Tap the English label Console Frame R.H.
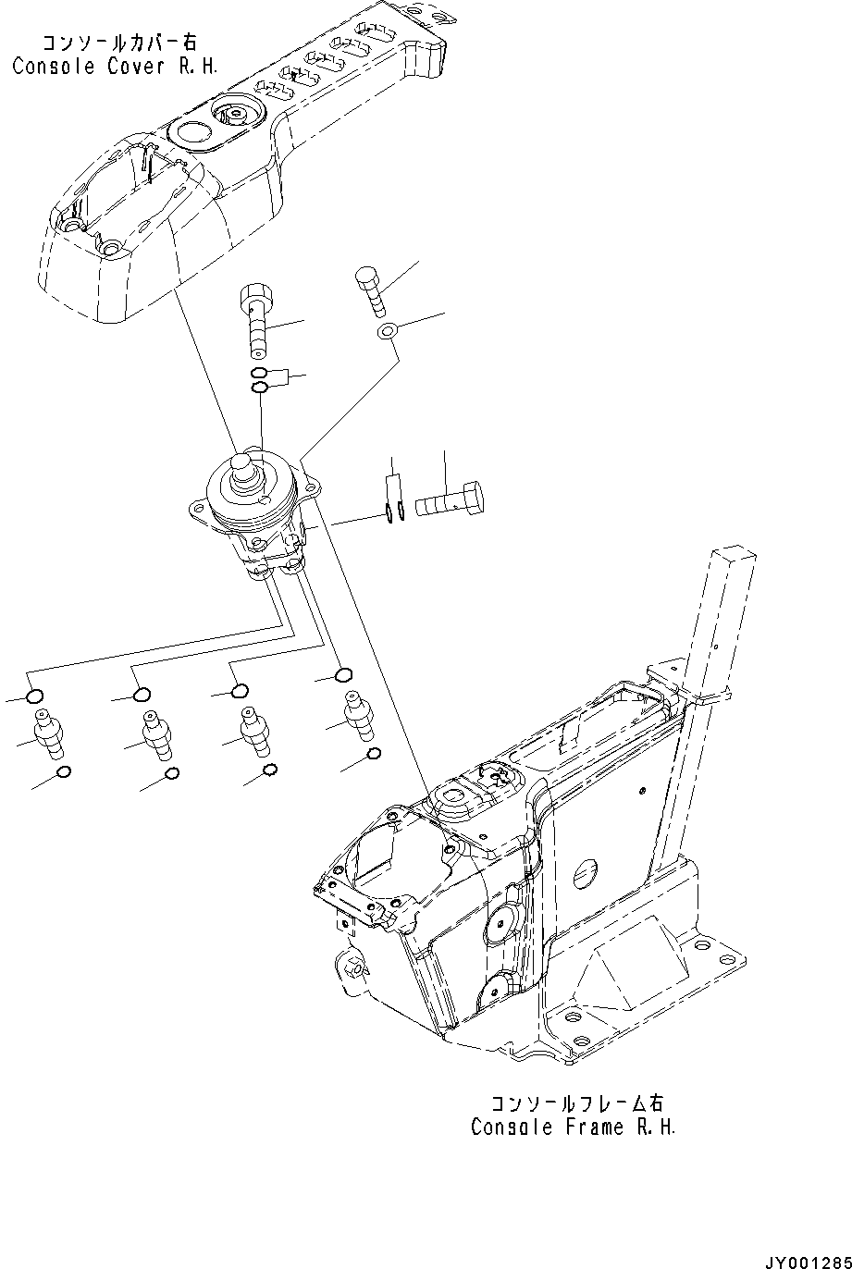[x=574, y=1127]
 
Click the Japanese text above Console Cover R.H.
[x=119, y=43]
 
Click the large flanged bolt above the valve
[x=255, y=320]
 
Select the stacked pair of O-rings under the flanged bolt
[x=261, y=380]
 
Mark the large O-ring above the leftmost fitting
[x=34, y=696]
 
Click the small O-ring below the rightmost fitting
[x=374, y=755]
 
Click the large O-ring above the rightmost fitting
[x=343, y=674]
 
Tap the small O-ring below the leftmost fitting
[x=63, y=773]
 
